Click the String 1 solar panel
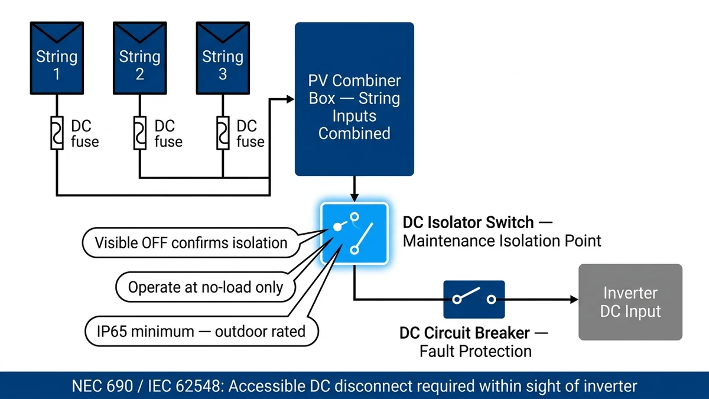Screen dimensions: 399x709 (57, 59)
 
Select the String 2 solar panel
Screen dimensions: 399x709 (139, 59)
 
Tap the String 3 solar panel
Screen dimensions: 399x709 (223, 59)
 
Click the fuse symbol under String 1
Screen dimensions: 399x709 (57, 133)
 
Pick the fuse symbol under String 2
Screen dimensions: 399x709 (139, 133)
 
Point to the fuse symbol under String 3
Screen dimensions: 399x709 (223, 133)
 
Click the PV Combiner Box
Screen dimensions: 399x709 (354, 99)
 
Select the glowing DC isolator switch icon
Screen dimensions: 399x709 (354, 233)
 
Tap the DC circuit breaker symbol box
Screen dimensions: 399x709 (474, 300)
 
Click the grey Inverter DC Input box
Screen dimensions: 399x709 (630, 302)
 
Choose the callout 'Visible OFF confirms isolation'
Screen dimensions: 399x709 (191, 242)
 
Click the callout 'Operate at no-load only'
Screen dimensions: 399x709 (206, 287)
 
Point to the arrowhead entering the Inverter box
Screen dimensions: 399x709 (574, 300)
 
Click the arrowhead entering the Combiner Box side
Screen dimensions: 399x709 (290, 99)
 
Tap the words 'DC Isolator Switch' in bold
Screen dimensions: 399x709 (469, 223)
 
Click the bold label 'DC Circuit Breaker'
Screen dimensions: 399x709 (464, 333)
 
